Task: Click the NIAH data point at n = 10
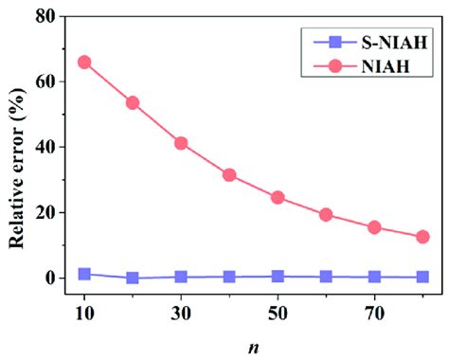84,63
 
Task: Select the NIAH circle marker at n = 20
133,102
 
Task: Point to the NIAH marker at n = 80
422,237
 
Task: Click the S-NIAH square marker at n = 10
84,274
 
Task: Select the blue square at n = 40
229,277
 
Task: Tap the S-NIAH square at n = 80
422,277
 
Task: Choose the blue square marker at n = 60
326,277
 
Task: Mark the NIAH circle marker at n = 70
374,227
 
